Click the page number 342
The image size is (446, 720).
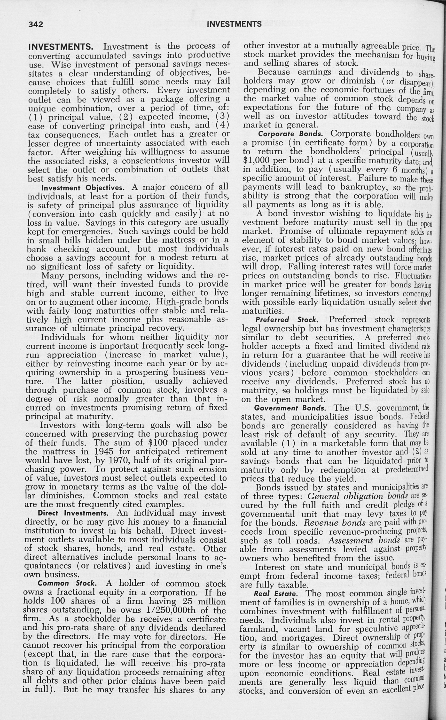coord(36,24)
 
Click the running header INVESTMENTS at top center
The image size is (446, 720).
coord(234,24)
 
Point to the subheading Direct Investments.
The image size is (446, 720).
coord(73,513)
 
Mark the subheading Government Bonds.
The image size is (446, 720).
coord(290,408)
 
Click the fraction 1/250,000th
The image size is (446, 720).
coord(171,610)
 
